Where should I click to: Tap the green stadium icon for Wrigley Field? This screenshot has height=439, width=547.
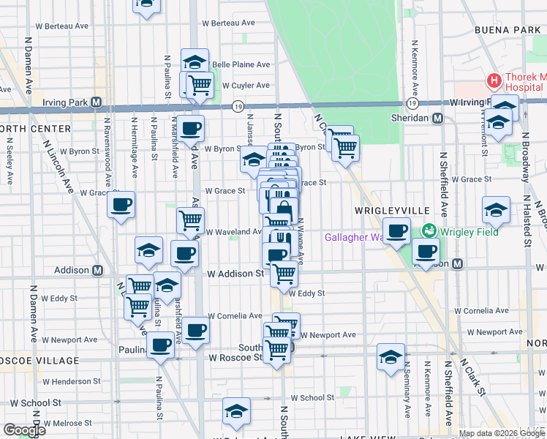tap(429, 231)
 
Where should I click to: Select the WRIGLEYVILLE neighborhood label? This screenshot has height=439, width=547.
tap(391, 210)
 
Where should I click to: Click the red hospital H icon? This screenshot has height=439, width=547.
tap(494, 80)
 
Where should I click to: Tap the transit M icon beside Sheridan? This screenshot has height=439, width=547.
tap(438, 119)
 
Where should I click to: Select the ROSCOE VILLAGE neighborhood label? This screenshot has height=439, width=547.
tap(40, 361)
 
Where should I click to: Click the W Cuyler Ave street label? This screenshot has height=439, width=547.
tap(246, 86)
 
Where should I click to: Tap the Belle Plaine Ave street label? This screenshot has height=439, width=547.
tap(241, 64)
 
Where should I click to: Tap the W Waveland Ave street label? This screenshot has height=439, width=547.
tap(233, 232)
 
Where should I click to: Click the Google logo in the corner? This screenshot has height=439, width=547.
tap(24, 430)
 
